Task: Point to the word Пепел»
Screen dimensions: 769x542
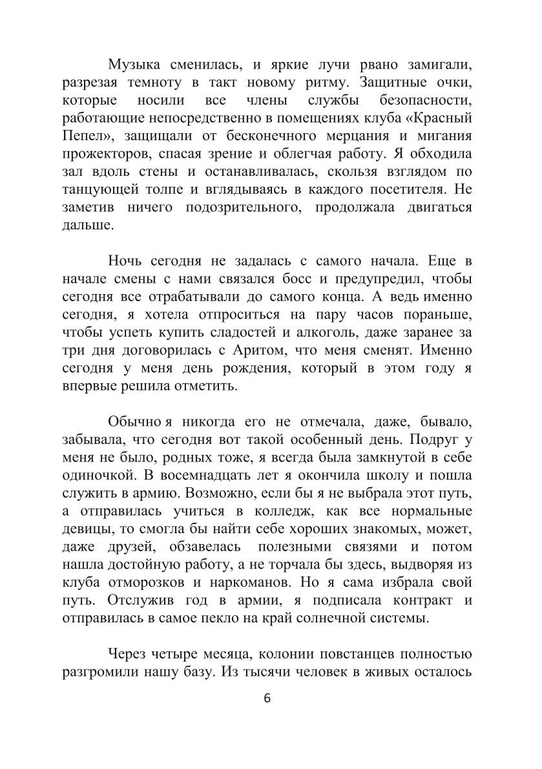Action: [82, 138]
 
